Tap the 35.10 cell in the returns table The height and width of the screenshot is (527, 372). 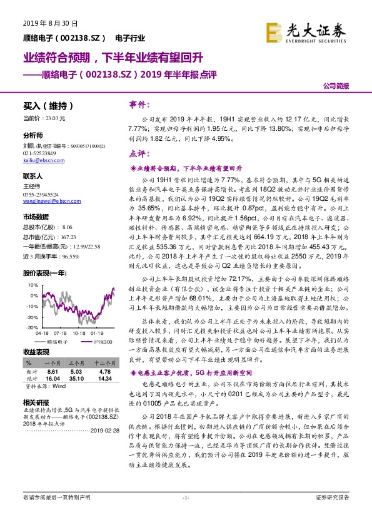click(x=76, y=379)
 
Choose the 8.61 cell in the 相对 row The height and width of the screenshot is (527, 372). click(x=53, y=371)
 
